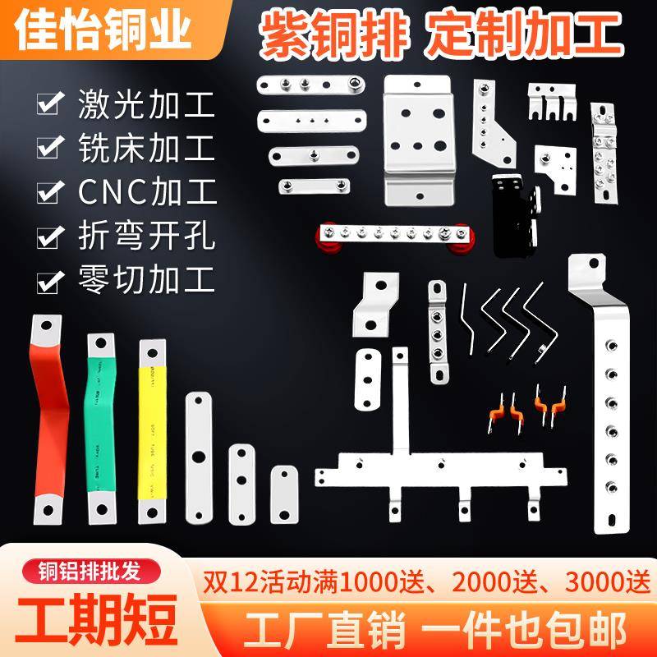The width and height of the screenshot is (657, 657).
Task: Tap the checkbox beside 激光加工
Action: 50,105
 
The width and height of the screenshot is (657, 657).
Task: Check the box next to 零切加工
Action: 50,279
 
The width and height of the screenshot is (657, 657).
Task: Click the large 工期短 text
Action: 92,618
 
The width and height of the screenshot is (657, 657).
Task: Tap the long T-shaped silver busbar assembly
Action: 435,464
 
